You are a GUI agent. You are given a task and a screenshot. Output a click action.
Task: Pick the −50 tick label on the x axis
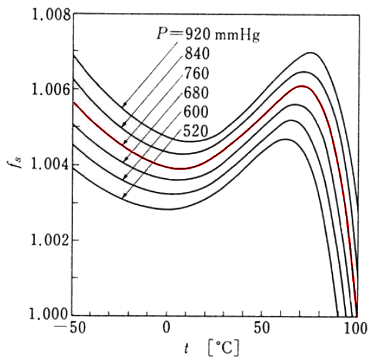[69, 328]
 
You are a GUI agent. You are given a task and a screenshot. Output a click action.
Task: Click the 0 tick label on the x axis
[167, 328]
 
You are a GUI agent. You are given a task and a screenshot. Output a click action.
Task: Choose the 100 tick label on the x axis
[355, 328]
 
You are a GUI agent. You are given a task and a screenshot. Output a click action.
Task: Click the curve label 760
[196, 74]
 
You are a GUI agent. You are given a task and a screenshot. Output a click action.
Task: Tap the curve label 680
[196, 92]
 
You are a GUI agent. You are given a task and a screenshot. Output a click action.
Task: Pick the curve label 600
[196, 112]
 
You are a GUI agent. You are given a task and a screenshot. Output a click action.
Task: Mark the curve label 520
[196, 131]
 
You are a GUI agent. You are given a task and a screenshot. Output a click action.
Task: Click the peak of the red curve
[302, 86]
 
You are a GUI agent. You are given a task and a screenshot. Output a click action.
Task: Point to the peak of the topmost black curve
[310, 53]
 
